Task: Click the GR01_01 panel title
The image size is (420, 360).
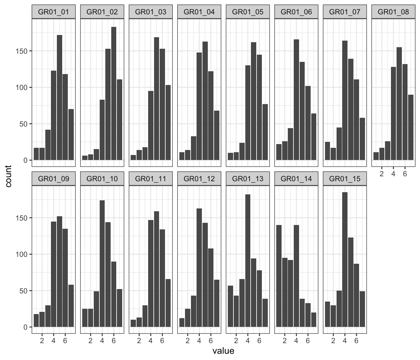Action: [x=53, y=12]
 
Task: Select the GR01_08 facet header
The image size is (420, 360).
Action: [x=393, y=12]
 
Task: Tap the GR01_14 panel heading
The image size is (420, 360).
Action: [x=296, y=179]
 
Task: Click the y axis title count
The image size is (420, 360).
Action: [x=8, y=176]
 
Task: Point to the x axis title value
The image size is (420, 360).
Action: [x=223, y=351]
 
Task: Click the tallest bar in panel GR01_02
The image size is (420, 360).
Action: [x=114, y=94]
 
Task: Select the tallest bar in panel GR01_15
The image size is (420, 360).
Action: [x=345, y=259]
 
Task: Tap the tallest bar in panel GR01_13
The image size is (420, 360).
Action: [x=248, y=261]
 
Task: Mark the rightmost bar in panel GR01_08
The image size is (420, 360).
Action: [x=411, y=127]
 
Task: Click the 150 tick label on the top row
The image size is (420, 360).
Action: [x=21, y=51]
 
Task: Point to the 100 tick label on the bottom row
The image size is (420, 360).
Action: [x=21, y=254]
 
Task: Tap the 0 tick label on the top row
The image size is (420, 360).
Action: [x=26, y=160]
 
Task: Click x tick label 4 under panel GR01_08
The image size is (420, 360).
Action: [x=393, y=173]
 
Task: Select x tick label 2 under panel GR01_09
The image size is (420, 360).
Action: [x=42, y=340]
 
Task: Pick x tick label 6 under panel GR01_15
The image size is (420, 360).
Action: [x=356, y=340]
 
